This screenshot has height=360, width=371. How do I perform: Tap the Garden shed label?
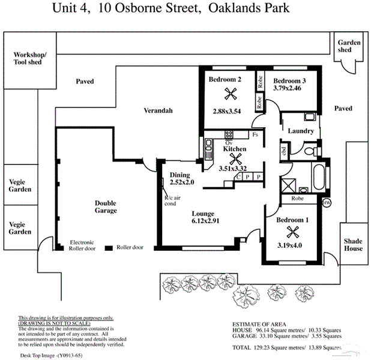(x=348, y=46)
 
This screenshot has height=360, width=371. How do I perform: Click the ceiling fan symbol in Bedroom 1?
(x=292, y=232)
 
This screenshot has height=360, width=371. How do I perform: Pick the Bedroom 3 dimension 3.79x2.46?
(x=287, y=88)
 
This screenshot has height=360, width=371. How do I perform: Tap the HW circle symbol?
(x=327, y=203)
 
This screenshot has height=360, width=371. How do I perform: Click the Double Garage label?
(x=106, y=207)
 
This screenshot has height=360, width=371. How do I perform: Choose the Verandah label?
(x=158, y=110)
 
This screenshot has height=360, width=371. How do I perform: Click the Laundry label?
(x=301, y=131)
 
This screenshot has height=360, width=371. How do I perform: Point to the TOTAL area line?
(x=286, y=347)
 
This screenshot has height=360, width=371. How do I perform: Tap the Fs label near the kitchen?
(x=255, y=135)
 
